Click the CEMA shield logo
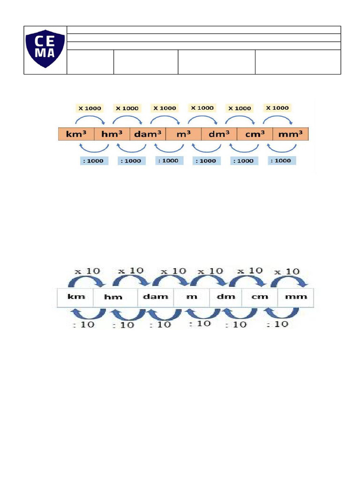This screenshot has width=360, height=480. (x=45, y=48)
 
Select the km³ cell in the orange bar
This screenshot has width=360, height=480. (x=76, y=134)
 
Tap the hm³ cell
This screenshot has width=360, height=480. (x=112, y=134)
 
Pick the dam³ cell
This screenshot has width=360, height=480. (x=148, y=134)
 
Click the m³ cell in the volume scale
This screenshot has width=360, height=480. (x=184, y=134)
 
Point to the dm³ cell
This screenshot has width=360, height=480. (x=219, y=134)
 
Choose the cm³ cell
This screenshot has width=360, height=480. (x=255, y=134)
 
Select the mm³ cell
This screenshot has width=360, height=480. (x=291, y=134)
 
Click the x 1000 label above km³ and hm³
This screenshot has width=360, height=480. (x=90, y=108)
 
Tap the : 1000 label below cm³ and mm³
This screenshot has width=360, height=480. (x=281, y=160)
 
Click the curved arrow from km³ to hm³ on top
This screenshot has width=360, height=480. (x=90, y=119)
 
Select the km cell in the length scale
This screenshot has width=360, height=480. (x=75, y=297)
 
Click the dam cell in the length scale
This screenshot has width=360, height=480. (x=156, y=297)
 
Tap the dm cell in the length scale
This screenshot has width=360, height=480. (x=225, y=297)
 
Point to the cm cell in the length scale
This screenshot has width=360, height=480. (x=260, y=297)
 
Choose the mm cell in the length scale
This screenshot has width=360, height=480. (x=296, y=297)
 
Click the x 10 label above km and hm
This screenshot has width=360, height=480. (x=87, y=271)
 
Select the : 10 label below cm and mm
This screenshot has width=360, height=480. (x=277, y=324)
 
